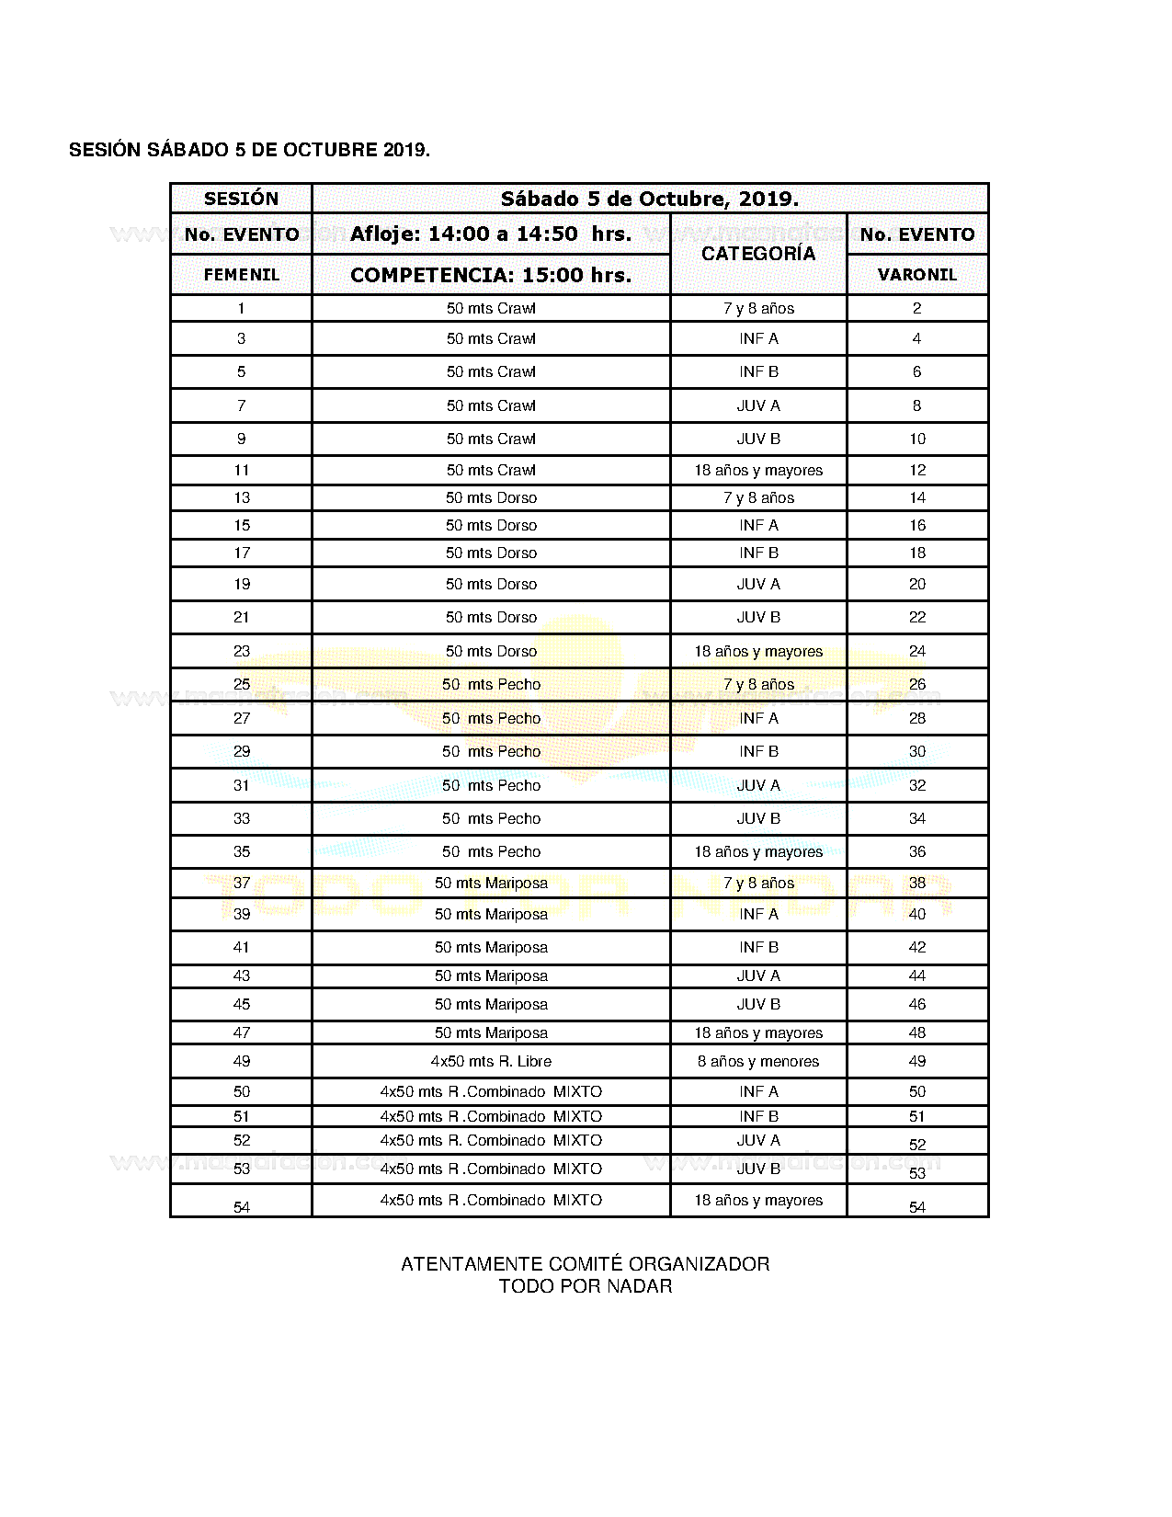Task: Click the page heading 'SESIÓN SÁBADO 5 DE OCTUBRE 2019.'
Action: tap(249, 150)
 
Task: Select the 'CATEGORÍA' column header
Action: tap(758, 254)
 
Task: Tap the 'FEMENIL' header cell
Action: tap(241, 275)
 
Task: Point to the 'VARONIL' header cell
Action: tap(916, 275)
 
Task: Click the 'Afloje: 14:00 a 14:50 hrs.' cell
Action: tap(491, 234)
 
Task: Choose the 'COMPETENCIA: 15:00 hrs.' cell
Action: tap(491, 275)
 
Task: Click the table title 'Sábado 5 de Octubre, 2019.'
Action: tap(649, 199)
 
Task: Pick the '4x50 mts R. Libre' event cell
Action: tap(491, 1061)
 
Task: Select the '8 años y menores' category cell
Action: tap(758, 1061)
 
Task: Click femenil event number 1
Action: tap(241, 308)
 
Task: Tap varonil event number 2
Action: tap(916, 308)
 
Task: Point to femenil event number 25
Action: tap(241, 684)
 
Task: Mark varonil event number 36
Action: tap(916, 851)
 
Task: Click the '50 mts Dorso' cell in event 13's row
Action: tap(491, 497)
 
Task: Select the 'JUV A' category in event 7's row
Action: tap(758, 405)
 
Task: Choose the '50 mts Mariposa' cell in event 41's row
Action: tap(491, 947)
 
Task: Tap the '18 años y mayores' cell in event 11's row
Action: tap(758, 470)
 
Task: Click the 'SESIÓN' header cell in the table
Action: tap(241, 199)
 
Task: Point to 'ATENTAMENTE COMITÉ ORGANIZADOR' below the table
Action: tap(585, 1264)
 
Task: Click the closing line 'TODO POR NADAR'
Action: tap(585, 1286)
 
